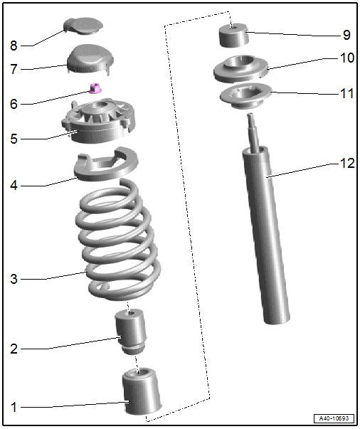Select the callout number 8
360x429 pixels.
pyautogui.click(x=14, y=46)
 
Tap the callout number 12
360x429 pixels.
pyautogui.click(x=347, y=163)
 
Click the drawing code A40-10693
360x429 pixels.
pyautogui.click(x=334, y=418)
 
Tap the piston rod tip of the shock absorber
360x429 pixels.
pyautogui.click(x=250, y=116)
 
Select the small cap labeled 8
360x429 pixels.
pyautogui.click(x=83, y=26)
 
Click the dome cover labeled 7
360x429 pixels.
pyautogui.click(x=90, y=58)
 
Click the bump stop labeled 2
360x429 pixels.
pyautogui.click(x=131, y=331)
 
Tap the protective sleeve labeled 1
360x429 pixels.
pyautogui.click(x=142, y=391)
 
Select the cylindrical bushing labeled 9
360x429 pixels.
pyautogui.click(x=233, y=36)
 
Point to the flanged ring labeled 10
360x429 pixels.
pyautogui.click(x=241, y=68)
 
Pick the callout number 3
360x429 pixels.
pyautogui.click(x=14, y=279)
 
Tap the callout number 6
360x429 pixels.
pyautogui.click(x=14, y=104)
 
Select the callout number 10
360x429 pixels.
pyautogui.click(x=347, y=58)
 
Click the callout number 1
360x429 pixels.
pyautogui.click(x=14, y=407)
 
